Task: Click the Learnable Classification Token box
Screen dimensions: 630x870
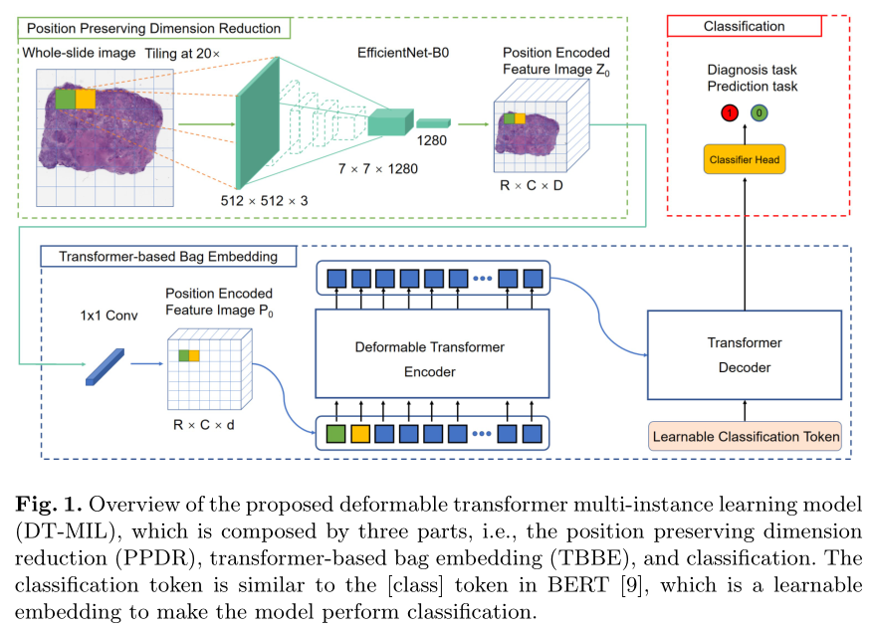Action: [746, 436]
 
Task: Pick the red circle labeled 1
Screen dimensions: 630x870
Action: [729, 113]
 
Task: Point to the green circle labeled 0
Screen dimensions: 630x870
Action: [759, 113]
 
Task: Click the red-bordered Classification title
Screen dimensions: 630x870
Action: [744, 26]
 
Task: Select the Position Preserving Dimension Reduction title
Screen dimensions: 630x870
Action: [153, 28]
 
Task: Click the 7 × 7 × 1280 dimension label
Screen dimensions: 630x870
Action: [377, 168]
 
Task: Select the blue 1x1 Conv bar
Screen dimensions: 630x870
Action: [105, 365]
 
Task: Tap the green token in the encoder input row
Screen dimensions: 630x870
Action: [336, 433]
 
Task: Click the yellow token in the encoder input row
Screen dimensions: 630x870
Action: [361, 433]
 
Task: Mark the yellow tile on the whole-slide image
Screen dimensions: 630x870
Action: [87, 100]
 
